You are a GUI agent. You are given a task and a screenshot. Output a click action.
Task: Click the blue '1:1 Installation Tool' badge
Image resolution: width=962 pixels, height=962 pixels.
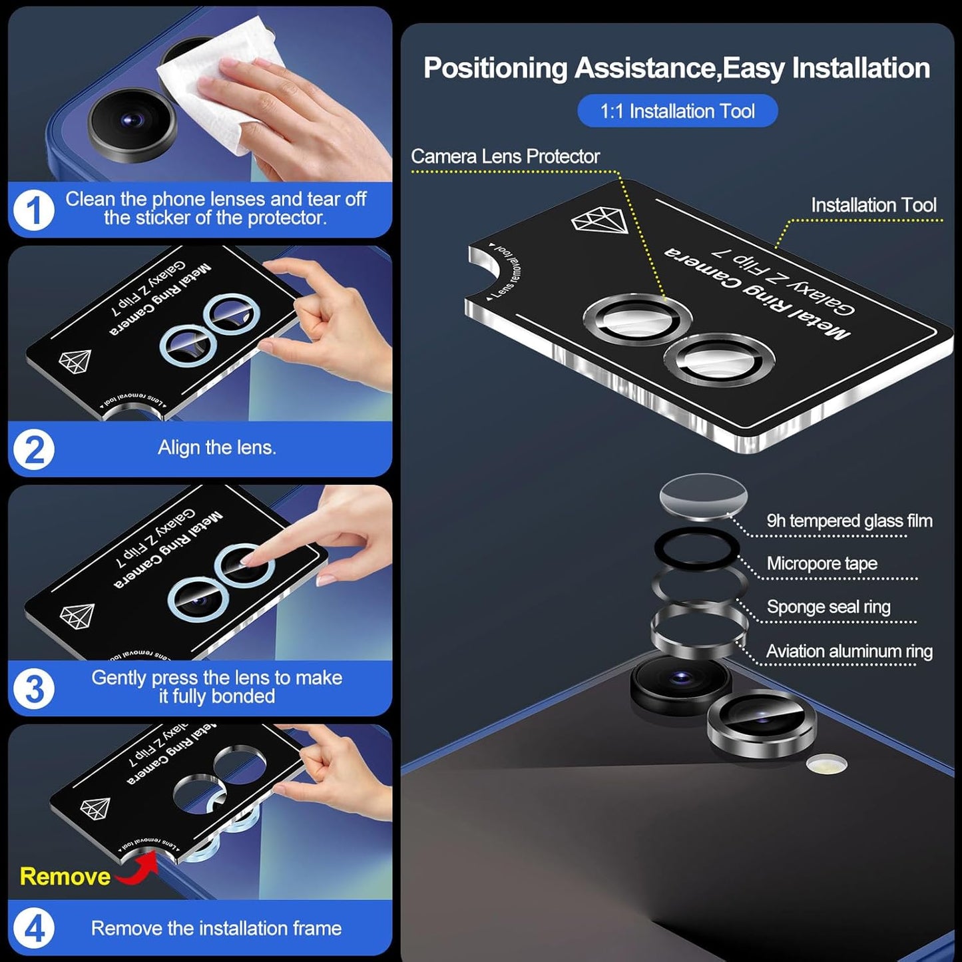677,111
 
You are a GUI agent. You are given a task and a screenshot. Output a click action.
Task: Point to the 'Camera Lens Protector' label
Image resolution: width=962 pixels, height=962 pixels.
505,156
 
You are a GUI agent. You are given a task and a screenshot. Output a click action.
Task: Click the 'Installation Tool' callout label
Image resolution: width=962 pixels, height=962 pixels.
873,205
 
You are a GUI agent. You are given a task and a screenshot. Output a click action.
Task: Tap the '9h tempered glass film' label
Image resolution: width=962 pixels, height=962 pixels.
849,521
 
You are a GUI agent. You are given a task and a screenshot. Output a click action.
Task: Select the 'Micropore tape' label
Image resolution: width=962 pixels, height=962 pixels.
822,563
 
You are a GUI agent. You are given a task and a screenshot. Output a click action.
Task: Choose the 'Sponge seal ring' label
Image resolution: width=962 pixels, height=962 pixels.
828,606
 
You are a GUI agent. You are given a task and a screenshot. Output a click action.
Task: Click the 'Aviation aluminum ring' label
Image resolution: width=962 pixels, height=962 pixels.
849,651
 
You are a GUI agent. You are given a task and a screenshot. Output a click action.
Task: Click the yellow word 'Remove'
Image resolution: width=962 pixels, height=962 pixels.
65,876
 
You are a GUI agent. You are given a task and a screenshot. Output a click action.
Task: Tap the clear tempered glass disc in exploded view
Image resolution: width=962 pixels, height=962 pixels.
703,497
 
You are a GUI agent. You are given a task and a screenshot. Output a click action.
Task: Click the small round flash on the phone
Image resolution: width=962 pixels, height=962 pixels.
826,764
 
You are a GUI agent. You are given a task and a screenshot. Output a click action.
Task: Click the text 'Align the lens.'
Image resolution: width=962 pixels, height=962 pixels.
216,447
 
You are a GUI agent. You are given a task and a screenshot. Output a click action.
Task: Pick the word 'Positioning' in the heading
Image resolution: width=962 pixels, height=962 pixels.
495,68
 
